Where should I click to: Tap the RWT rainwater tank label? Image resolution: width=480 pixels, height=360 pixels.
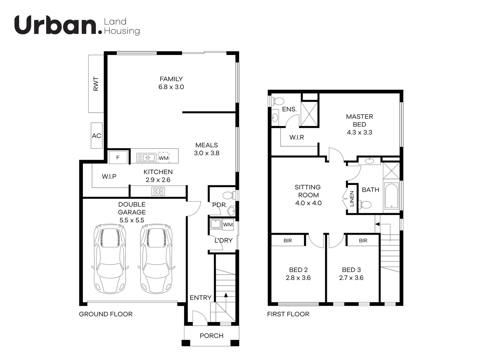(96, 84)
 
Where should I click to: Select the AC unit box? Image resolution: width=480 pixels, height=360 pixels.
(97, 136)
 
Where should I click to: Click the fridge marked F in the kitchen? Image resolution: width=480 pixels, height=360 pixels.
(118, 157)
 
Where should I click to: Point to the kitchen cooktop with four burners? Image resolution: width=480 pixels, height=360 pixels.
(158, 191)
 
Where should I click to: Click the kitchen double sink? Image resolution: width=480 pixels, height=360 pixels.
(147, 157)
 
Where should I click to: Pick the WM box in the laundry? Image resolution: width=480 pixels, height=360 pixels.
(228, 225)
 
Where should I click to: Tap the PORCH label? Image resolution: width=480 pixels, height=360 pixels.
(211, 336)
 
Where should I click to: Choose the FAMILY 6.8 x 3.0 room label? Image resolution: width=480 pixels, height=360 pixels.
(171, 83)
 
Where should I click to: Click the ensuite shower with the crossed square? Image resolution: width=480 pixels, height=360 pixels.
(309, 114)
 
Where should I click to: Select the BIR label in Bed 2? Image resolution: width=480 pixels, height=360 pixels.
(288, 240)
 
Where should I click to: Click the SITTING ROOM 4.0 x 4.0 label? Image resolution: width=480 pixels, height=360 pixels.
(308, 195)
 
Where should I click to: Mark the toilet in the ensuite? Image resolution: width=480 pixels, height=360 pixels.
(277, 101)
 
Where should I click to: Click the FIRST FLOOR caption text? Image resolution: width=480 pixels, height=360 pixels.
(288, 314)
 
